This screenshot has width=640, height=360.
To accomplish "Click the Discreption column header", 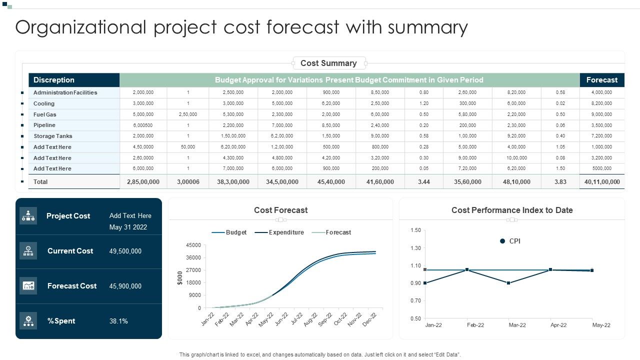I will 54,80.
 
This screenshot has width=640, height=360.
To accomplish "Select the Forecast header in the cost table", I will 601,80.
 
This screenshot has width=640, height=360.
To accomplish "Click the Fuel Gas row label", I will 45,114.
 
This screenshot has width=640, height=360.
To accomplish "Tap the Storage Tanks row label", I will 53,136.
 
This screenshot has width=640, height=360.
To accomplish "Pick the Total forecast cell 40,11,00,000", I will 601,182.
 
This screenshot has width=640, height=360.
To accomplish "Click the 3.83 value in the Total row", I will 560,182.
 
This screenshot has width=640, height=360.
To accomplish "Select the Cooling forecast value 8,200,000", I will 601,103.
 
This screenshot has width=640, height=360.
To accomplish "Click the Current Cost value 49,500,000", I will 125,251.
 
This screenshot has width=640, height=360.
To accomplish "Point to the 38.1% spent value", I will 118,321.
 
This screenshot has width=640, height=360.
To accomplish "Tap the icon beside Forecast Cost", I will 28,286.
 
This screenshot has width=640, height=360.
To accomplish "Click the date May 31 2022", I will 128,227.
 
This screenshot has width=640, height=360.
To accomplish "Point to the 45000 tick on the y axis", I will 193,245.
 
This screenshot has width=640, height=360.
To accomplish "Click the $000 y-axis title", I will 180,278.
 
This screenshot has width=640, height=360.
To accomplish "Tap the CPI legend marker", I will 502,241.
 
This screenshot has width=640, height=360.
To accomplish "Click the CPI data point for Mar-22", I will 508,283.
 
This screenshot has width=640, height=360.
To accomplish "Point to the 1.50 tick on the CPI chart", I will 415,230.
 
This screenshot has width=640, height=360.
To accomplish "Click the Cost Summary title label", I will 328,63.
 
